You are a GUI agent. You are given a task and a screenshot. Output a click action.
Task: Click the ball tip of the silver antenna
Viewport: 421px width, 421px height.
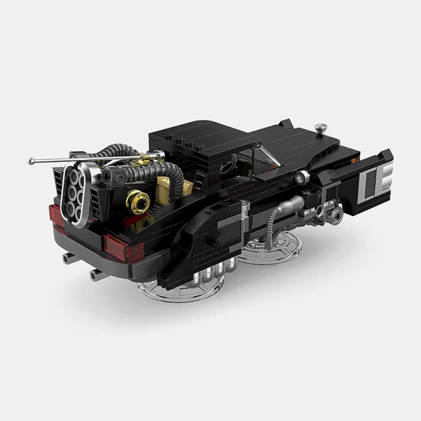[31, 161]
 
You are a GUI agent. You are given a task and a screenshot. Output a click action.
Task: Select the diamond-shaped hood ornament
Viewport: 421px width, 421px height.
[321, 128]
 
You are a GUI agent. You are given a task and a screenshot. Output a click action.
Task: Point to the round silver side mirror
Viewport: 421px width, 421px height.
[302, 178]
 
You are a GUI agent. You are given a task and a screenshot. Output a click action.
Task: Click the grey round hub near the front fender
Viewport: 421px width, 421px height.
[335, 215]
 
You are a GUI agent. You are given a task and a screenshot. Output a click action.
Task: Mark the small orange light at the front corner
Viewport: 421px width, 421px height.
[355, 159]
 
